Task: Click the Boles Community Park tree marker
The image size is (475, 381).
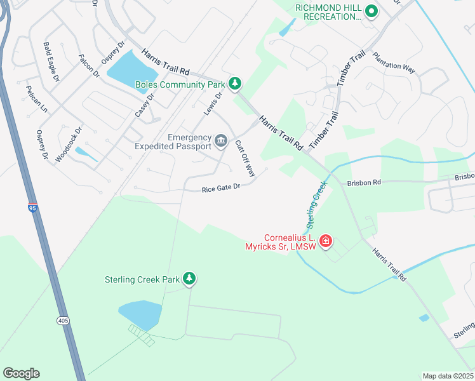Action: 235,83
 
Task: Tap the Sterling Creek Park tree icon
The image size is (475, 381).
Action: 189,278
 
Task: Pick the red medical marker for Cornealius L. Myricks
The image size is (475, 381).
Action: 325,241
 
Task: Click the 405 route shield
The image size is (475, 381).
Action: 62,321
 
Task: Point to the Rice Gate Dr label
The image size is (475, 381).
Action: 221,188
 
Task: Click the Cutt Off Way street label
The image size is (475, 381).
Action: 245,159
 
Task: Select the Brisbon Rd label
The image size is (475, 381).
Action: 364,182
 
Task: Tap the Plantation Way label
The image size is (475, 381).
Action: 394,63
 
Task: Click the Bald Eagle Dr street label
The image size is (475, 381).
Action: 51,62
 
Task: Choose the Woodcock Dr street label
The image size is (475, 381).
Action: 69,145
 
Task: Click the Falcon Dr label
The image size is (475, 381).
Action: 90,65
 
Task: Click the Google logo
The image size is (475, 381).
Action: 21,373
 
